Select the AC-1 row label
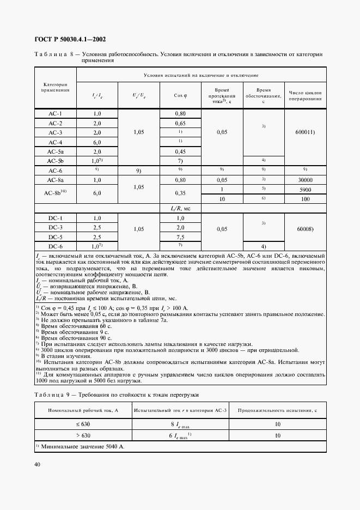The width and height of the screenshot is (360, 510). pos(55,113)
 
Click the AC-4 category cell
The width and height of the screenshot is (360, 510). pos(55,142)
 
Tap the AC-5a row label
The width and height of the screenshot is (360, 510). pos(55,151)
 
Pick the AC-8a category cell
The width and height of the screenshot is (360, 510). pos(55,179)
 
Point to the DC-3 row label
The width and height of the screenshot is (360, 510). pos(55,227)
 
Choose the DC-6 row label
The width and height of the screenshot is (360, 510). pos(55,246)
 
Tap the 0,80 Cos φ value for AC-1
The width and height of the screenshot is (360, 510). pos(180,113)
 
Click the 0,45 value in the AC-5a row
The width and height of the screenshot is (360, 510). pos(180,151)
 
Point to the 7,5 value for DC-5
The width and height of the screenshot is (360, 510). pos(180,237)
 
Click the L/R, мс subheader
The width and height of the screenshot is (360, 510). pos(180,208)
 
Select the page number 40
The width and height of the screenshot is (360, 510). pos(38,464)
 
